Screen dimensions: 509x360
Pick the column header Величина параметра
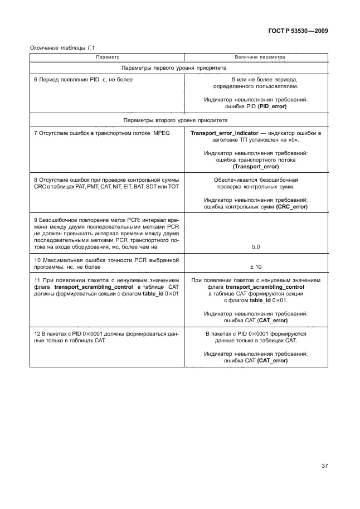pos(256,57)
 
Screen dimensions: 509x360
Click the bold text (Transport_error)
pos(256,166)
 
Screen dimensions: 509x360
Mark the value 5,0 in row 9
pos(256,246)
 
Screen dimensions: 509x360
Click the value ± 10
pos(256,267)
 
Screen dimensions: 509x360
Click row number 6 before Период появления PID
pos(36,80)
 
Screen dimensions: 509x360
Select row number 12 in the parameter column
pos(37,333)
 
